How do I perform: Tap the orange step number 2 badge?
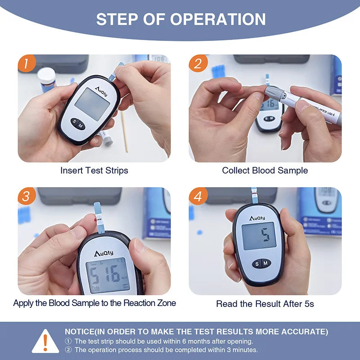coord(198,63)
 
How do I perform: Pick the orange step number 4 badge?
coord(198,196)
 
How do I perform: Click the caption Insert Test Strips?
coord(94,171)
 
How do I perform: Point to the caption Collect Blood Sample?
coord(265,171)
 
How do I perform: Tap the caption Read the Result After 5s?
coord(265,304)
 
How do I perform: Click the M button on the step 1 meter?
coord(81,126)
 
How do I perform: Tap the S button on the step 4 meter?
coord(257,263)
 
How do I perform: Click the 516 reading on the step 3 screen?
coord(105,274)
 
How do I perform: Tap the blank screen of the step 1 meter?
coord(92,103)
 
